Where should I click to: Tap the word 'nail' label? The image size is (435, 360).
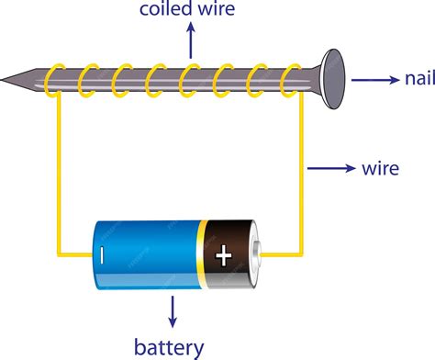413,78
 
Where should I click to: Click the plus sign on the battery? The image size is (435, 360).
223,255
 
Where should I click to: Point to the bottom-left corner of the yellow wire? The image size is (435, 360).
61,254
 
